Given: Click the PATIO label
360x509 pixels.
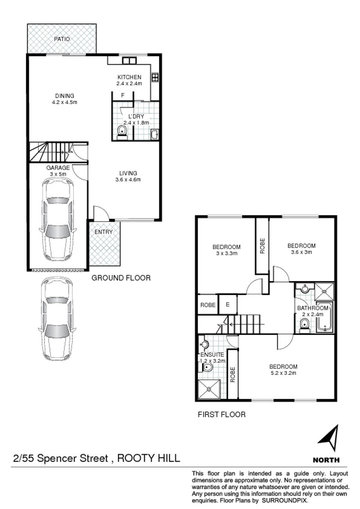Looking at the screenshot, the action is [x=62, y=39].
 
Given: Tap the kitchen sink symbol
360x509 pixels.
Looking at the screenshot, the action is [x=129, y=61].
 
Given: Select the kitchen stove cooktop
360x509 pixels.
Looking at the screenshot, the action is [x=155, y=77].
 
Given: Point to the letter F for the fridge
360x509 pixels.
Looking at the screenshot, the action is [x=123, y=95].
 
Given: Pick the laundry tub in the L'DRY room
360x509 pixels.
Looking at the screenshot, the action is [x=155, y=134].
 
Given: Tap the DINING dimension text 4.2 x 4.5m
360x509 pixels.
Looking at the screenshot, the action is [x=64, y=102].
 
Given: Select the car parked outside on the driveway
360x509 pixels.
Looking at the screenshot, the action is [x=57, y=318].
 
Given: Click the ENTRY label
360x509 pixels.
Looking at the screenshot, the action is [x=103, y=232].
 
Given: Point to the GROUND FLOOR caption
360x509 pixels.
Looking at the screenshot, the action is [x=121, y=278].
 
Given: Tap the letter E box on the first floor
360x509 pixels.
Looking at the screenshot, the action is [x=228, y=304].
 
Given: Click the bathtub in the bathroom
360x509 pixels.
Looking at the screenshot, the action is [x=324, y=317].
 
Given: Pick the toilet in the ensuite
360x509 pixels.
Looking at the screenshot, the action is [x=207, y=367].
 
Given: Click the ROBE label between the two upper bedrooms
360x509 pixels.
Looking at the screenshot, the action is [x=262, y=246].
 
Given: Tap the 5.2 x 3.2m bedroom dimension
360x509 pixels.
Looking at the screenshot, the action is [x=283, y=373].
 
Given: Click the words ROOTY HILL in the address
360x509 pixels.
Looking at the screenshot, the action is [x=148, y=458].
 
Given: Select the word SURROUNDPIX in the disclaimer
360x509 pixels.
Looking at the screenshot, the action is [x=284, y=500].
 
